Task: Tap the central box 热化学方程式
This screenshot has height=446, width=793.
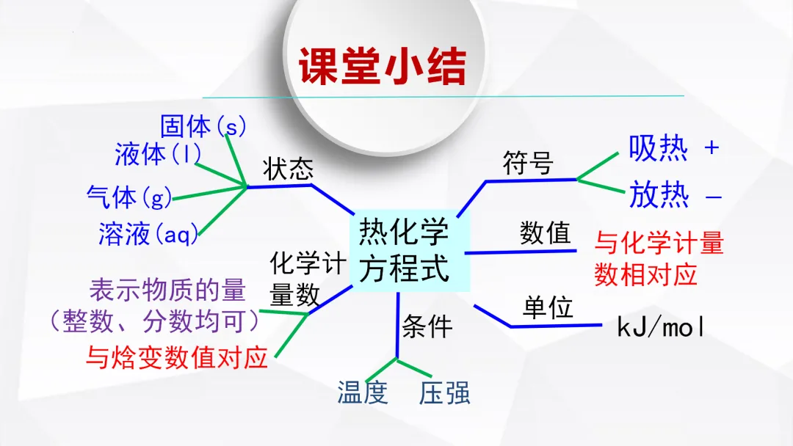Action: point(403,251)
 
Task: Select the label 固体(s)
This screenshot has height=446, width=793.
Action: point(203,126)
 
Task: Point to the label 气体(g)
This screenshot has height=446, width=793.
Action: point(129,197)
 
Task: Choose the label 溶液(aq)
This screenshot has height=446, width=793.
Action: point(149,234)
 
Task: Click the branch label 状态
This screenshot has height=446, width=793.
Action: point(289,169)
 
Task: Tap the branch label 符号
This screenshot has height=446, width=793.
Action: point(527,163)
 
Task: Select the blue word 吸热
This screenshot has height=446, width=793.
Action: point(659,148)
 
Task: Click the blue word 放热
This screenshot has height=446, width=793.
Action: point(659,195)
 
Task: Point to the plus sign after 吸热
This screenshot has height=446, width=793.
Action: point(711,148)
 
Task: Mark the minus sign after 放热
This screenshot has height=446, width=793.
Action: point(713,197)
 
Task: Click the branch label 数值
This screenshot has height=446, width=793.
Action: point(545,233)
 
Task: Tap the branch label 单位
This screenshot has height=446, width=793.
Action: point(548,308)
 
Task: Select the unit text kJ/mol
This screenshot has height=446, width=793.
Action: point(661,327)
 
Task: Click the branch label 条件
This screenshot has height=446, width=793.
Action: point(427,327)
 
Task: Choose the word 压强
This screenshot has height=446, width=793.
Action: point(445,393)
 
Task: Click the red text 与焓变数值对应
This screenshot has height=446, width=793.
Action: point(177,357)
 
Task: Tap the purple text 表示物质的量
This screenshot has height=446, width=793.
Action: point(167,290)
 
